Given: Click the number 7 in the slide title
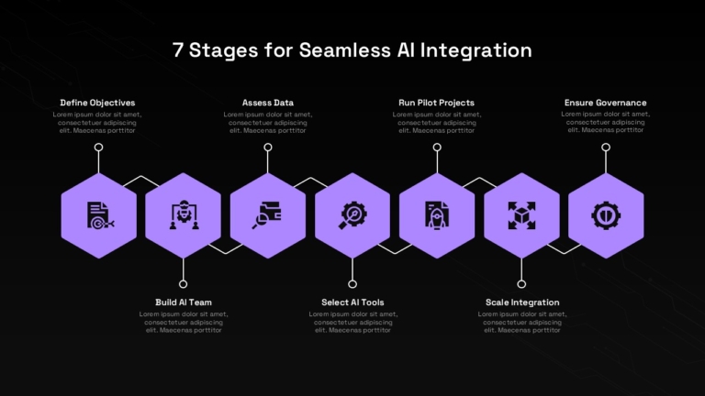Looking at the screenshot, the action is click(177, 49).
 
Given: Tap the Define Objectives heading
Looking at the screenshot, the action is click(97, 103).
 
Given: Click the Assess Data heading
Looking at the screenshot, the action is click(267, 103).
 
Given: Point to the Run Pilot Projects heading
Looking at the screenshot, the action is click(436, 103).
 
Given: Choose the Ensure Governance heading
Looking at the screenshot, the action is click(605, 103).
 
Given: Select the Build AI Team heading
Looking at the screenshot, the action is click(184, 302).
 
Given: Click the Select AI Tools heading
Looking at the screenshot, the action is click(352, 302).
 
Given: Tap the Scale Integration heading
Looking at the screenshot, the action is click(522, 302).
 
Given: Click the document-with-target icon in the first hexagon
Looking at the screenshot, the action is click(100, 215).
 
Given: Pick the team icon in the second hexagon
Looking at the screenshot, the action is click(184, 215).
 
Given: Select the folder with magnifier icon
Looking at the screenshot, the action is click(266, 215).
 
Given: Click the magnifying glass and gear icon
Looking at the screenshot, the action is click(352, 215).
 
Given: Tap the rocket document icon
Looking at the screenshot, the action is click(437, 215).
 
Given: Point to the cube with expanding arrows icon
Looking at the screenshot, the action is click(521, 215).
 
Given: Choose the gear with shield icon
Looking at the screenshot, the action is click(606, 215).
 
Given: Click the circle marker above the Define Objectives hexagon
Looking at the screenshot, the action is click(98, 148).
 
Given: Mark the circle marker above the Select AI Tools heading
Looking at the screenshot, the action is click(352, 284).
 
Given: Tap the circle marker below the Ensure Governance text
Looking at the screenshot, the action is click(606, 148).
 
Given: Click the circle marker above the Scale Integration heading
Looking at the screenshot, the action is click(521, 284).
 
